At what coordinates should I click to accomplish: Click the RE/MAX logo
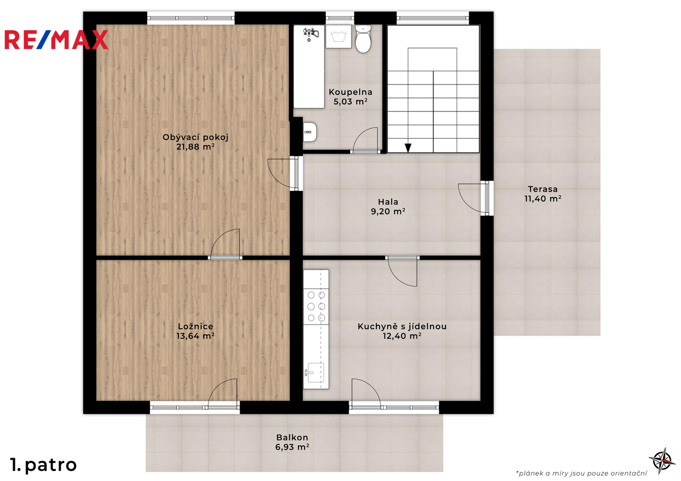point(56,40)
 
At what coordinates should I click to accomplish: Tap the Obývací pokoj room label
point(195,138)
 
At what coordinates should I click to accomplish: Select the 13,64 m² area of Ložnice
point(195,336)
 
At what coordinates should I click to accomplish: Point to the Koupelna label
point(350,92)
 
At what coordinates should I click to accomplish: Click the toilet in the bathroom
point(363,39)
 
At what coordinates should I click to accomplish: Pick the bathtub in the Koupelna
point(309,66)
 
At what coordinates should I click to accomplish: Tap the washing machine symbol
point(338,37)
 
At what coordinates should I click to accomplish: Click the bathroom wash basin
point(310,132)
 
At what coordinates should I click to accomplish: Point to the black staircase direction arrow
point(408,148)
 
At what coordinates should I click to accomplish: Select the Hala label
point(388,202)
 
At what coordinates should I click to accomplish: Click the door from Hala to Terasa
point(474,198)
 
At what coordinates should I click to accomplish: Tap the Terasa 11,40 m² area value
point(543,199)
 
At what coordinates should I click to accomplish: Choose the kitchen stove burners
point(316,306)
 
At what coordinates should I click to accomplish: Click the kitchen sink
point(314,373)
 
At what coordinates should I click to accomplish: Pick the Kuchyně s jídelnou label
point(402,326)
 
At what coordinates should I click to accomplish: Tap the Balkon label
point(292,437)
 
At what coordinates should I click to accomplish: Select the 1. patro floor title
point(43,465)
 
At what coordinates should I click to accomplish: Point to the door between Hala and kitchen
point(402,272)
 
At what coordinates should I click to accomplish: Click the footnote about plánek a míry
point(581,473)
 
